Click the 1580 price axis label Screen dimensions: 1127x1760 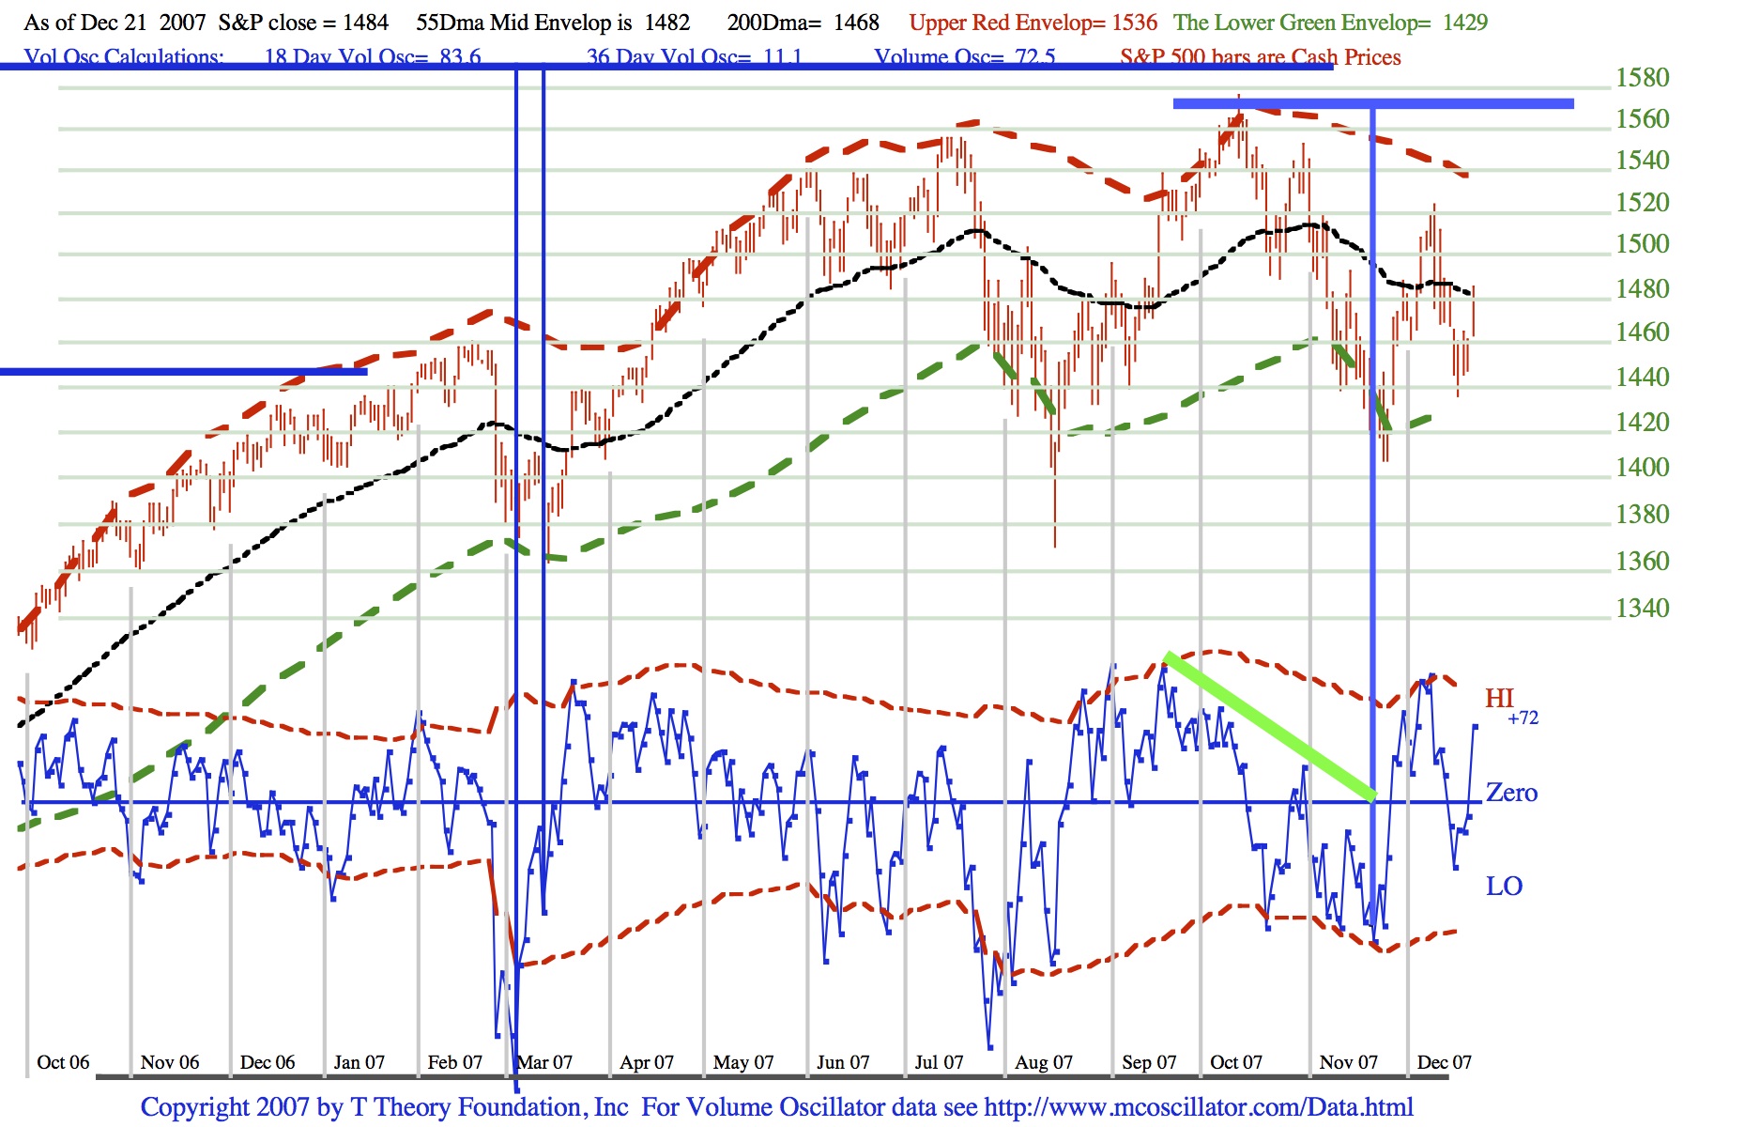click(x=1642, y=77)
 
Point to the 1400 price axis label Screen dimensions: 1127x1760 click(x=1642, y=467)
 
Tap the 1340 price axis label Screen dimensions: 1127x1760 click(x=1642, y=608)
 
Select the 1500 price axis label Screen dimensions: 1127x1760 click(x=1642, y=243)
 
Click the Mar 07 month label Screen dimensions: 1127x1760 click(x=545, y=1062)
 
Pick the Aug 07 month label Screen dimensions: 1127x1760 click(x=1043, y=1062)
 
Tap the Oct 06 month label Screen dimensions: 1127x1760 click(x=63, y=1062)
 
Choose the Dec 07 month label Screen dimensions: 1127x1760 click(x=1444, y=1062)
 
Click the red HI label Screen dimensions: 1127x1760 click(x=1499, y=698)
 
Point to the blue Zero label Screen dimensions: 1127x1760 click(x=1511, y=793)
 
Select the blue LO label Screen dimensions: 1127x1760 click(x=1504, y=886)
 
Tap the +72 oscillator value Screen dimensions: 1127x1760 click(x=1523, y=718)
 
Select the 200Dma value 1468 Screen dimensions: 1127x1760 click(x=856, y=23)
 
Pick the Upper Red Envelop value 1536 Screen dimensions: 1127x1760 click(x=1134, y=23)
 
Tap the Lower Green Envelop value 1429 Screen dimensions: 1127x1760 click(x=1464, y=23)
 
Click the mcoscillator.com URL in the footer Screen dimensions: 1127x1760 click(x=1198, y=1107)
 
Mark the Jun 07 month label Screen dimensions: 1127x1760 click(x=843, y=1062)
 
